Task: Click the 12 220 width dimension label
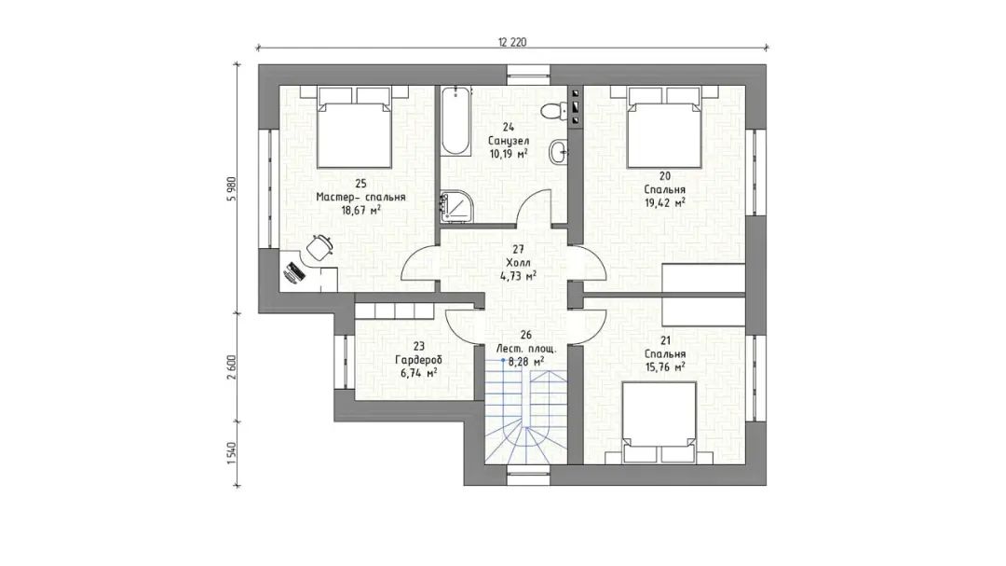512,42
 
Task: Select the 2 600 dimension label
232,367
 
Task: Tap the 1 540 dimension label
232,454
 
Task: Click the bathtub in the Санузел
455,121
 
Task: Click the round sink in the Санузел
558,152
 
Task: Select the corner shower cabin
456,206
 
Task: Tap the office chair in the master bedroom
319,247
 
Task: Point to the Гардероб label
418,360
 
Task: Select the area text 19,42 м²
665,202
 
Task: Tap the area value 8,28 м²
526,362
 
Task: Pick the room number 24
509,127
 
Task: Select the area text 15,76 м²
665,366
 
